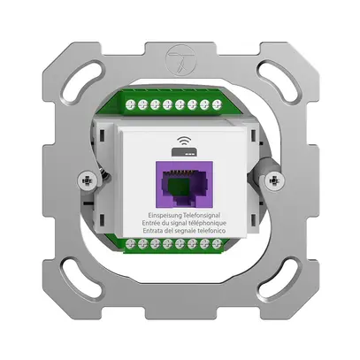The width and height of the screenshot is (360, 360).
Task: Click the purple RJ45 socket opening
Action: tap(184, 184)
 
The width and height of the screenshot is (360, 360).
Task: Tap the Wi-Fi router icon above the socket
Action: tap(183, 147)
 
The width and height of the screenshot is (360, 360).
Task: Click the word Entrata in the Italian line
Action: tap(152, 231)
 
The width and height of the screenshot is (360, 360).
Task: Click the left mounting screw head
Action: tap(87, 180)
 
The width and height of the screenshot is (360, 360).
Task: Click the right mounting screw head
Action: tap(274, 180)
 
